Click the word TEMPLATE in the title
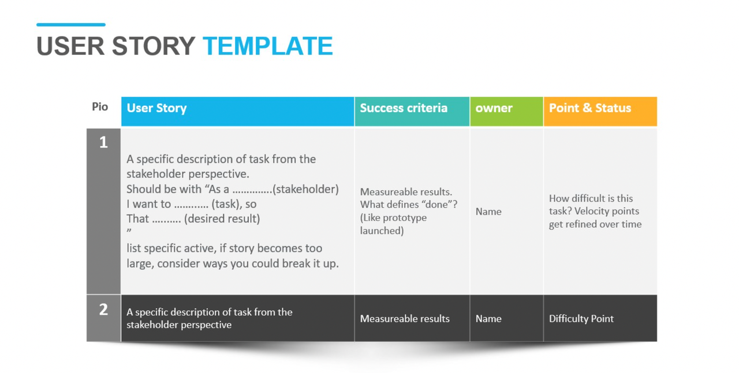click(x=268, y=46)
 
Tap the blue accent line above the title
click(x=70, y=25)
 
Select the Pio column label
click(x=100, y=107)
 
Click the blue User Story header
click(x=237, y=111)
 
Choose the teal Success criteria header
click(x=412, y=111)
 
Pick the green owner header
click(x=506, y=111)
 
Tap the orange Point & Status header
click(x=599, y=111)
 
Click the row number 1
click(x=103, y=142)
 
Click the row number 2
click(x=103, y=309)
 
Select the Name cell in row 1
click(x=488, y=212)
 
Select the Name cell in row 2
click(x=488, y=319)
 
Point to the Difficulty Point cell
click(x=581, y=319)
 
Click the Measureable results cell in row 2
click(x=405, y=319)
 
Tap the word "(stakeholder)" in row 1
click(x=306, y=189)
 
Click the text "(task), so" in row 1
click(x=234, y=204)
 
